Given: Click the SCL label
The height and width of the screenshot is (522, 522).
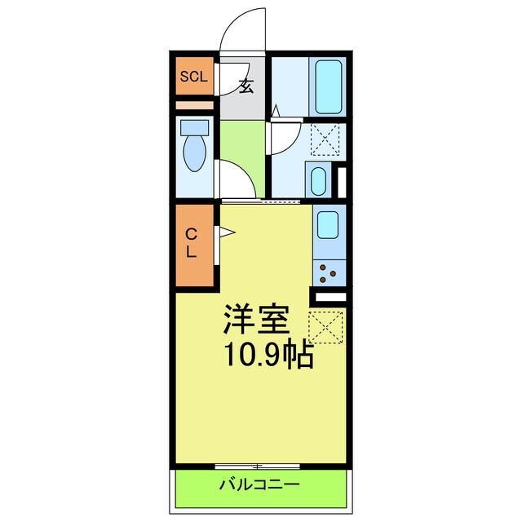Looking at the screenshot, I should (194, 77).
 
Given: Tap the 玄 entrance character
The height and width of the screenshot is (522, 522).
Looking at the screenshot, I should (246, 85).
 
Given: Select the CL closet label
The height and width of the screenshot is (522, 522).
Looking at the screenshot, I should (191, 242).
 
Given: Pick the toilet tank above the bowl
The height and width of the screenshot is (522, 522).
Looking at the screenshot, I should (195, 127).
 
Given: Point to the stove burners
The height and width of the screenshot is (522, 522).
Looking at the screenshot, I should (330, 270).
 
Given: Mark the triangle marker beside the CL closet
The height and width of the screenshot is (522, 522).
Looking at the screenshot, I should (225, 236).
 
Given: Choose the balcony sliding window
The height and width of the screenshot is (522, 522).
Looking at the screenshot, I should (257, 465).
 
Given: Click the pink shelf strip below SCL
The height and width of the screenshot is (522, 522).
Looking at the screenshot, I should (194, 105).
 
